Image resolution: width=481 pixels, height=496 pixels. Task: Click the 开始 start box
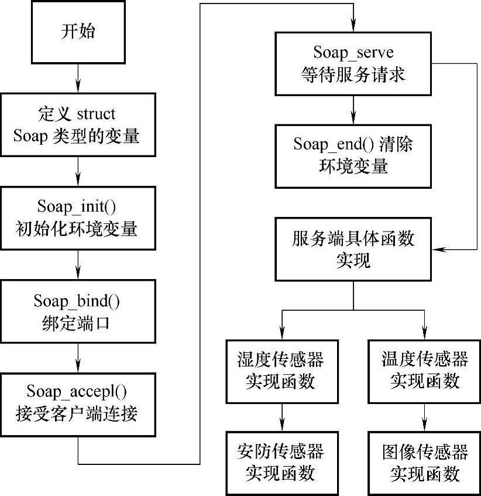click(x=78, y=32)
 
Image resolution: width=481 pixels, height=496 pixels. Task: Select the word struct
click(x=96, y=114)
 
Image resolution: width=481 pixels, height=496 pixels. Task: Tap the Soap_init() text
click(x=77, y=207)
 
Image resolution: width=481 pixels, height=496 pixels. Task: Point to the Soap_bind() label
click(x=77, y=301)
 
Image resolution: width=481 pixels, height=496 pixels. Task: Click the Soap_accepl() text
click(x=77, y=392)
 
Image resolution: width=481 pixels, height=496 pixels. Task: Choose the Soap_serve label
click(x=353, y=52)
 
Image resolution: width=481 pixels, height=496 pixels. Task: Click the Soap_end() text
click(x=334, y=144)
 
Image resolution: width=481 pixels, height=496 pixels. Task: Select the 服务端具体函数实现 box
click(x=353, y=249)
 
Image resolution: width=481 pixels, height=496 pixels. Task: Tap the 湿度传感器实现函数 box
click(x=282, y=371)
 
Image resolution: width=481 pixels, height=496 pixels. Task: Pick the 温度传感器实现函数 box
click(x=424, y=371)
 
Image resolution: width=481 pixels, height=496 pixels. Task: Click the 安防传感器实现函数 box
click(x=282, y=463)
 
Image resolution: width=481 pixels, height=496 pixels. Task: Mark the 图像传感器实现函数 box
click(x=424, y=463)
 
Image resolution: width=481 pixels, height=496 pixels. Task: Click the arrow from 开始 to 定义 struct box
click(x=78, y=78)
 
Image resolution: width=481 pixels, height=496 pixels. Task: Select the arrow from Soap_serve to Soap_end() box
click(x=353, y=110)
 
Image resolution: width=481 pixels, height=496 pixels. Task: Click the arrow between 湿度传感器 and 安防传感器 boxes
click(x=282, y=417)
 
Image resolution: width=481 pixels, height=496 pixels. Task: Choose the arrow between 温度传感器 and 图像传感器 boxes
click(x=424, y=417)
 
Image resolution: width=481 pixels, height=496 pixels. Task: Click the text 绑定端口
click(x=76, y=324)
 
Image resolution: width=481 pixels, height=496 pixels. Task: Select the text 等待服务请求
click(x=353, y=75)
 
